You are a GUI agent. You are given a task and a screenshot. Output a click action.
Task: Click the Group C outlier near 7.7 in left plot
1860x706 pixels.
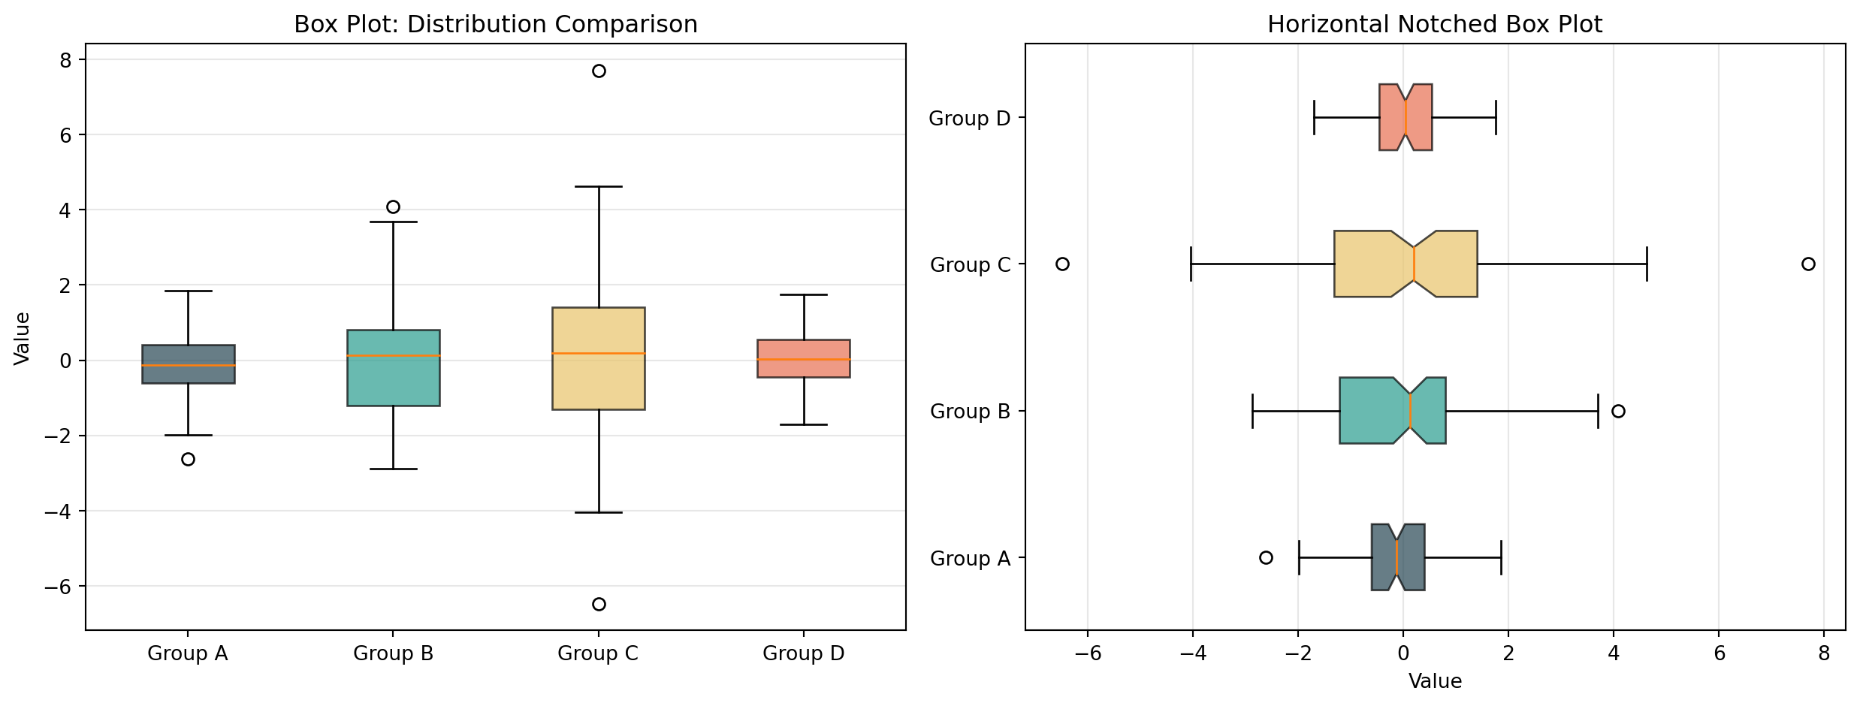(x=599, y=71)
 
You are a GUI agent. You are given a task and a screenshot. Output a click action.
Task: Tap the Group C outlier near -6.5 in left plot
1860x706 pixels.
(x=599, y=604)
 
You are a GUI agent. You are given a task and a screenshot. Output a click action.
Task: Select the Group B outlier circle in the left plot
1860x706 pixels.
(x=393, y=207)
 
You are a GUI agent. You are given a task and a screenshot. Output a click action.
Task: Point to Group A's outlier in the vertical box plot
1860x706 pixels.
(x=188, y=459)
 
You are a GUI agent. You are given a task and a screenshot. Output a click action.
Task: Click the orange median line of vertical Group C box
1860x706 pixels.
(x=599, y=353)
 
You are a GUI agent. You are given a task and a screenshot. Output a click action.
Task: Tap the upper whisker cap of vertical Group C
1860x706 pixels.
(x=599, y=186)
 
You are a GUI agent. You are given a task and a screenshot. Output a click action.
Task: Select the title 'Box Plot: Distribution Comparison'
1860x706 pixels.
(x=496, y=25)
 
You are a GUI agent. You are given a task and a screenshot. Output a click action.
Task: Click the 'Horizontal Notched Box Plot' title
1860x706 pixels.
(x=1435, y=25)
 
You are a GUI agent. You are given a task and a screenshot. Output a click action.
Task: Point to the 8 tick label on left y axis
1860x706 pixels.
(x=65, y=60)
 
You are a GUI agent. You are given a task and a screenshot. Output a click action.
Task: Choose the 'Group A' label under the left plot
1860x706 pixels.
(x=188, y=653)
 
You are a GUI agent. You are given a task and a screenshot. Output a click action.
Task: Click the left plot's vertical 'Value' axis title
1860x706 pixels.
(x=23, y=338)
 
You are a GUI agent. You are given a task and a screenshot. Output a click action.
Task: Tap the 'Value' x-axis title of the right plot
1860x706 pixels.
(x=1435, y=681)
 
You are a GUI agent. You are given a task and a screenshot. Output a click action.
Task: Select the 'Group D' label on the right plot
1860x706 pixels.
(x=970, y=119)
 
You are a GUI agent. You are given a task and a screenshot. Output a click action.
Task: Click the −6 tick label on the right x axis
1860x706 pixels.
(x=1087, y=653)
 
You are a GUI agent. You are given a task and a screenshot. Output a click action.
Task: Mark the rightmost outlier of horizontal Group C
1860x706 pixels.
(x=1808, y=264)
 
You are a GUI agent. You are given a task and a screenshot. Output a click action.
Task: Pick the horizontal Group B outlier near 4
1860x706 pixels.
(x=1618, y=411)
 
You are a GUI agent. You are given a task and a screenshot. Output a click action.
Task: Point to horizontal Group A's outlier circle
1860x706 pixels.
(x=1266, y=557)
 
